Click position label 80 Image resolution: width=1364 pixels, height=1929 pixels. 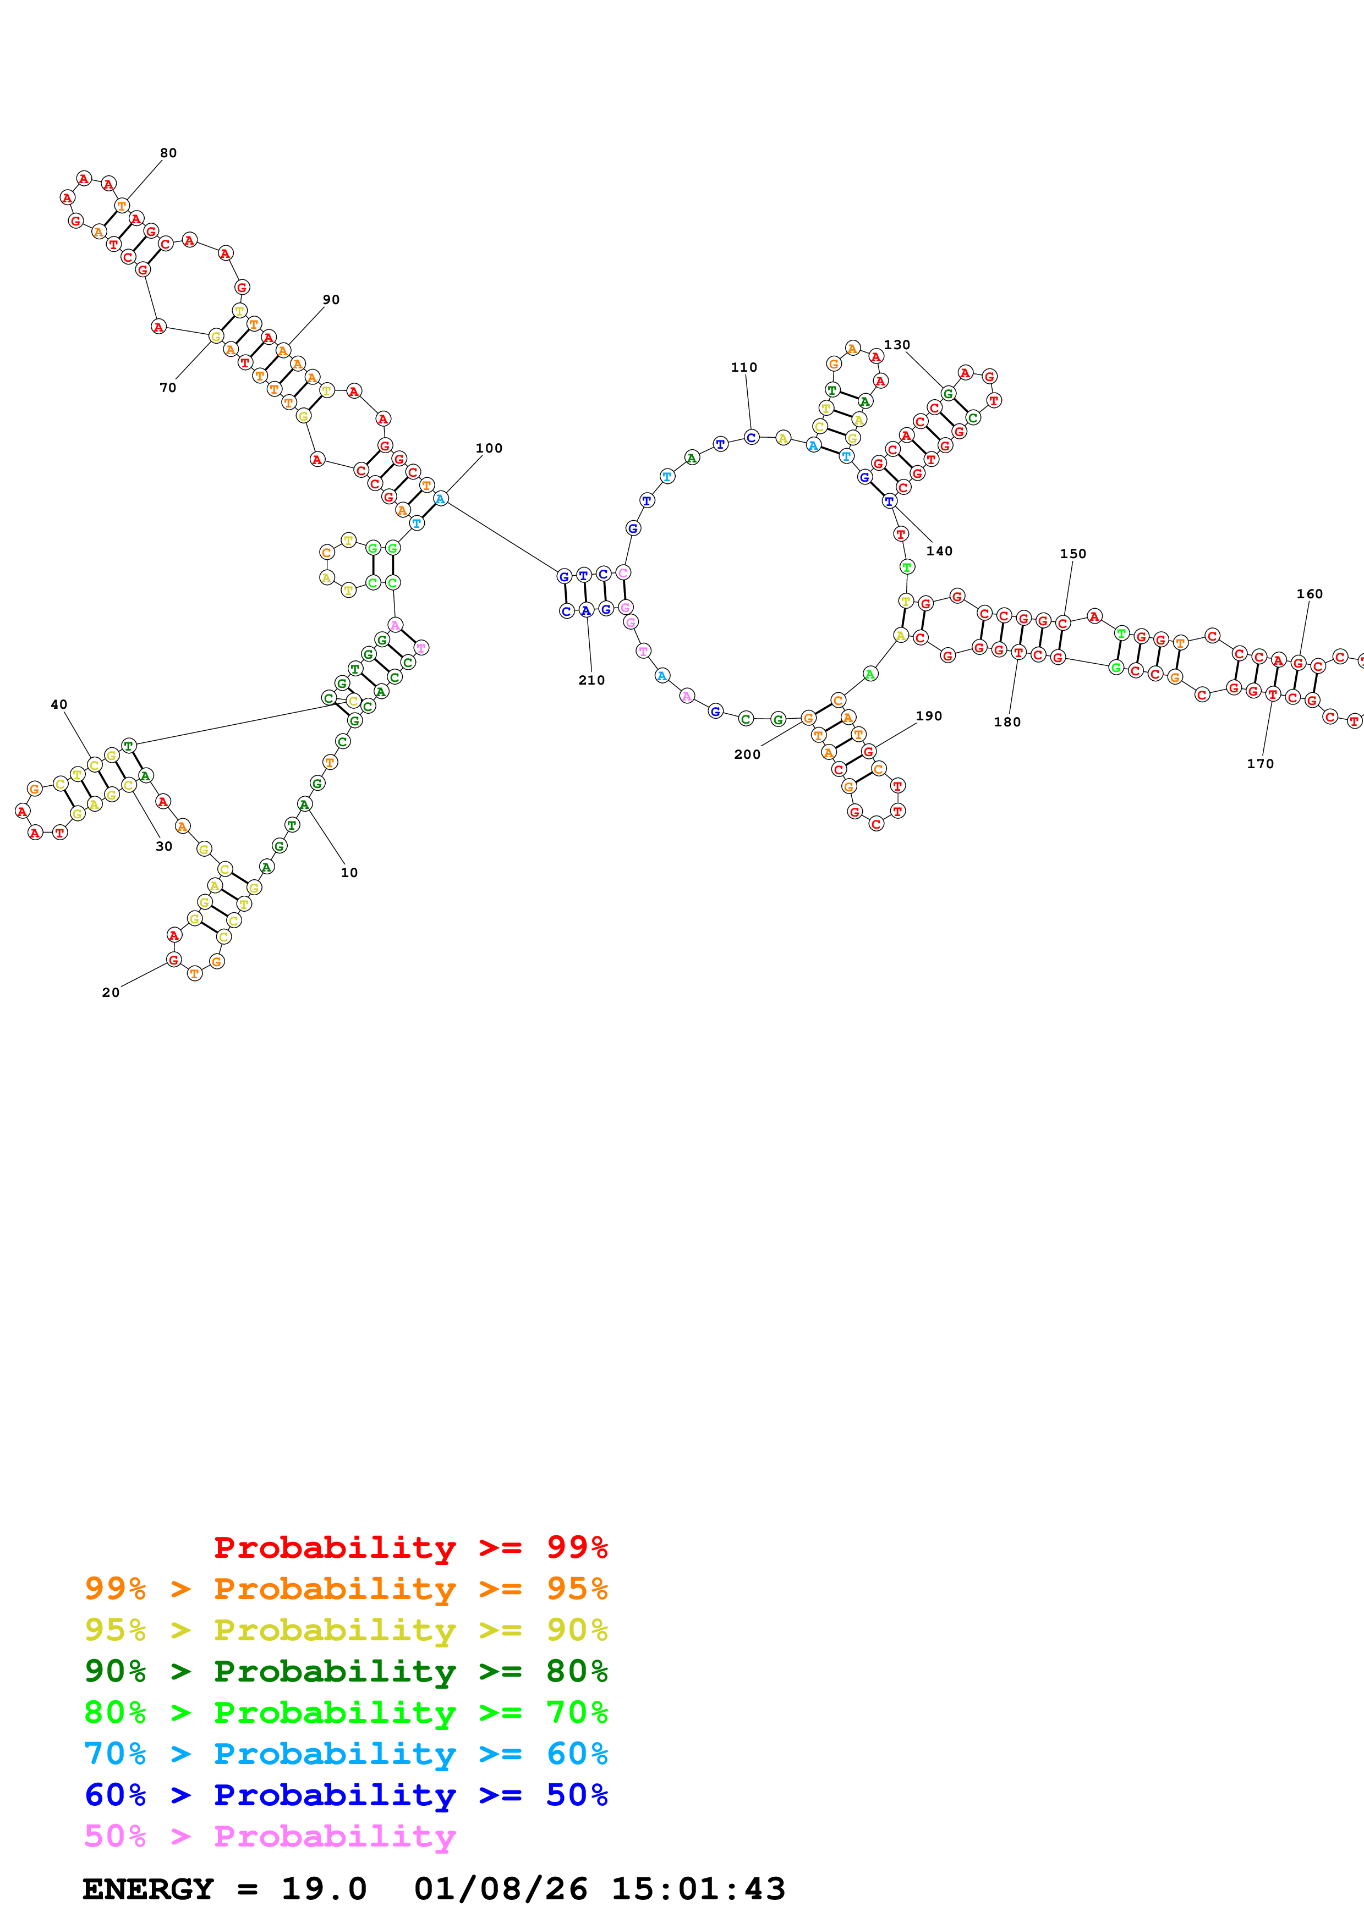pyautogui.click(x=168, y=153)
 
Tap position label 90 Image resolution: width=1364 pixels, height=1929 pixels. pyautogui.click(x=331, y=300)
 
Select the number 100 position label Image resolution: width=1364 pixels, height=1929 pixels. pyautogui.click(x=489, y=449)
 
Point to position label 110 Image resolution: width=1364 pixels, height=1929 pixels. pyautogui.click(x=744, y=367)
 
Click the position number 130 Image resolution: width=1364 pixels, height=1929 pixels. pyautogui.click(x=897, y=345)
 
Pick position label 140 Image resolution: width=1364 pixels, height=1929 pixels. pyautogui.click(x=940, y=551)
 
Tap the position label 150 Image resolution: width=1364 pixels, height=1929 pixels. pyautogui.click(x=1073, y=554)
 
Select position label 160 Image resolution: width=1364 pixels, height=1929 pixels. pyautogui.click(x=1310, y=594)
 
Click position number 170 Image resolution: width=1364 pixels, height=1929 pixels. pyautogui.click(x=1260, y=764)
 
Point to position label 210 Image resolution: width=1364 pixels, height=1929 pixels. pyautogui.click(x=591, y=681)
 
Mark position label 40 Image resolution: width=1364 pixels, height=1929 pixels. pyautogui.click(x=59, y=705)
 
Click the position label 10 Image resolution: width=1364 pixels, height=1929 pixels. pyautogui.click(x=349, y=873)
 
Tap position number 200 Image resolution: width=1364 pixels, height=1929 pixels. pyautogui.click(x=747, y=754)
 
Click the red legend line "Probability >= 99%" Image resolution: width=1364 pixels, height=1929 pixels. pyautogui.click(x=411, y=1547)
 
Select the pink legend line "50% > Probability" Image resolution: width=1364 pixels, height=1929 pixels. pyautogui.click(x=270, y=1837)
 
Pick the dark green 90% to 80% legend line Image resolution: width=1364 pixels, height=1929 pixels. pyautogui.click(x=346, y=1671)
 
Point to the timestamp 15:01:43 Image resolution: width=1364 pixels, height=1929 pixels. pyautogui.click(x=698, y=1889)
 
